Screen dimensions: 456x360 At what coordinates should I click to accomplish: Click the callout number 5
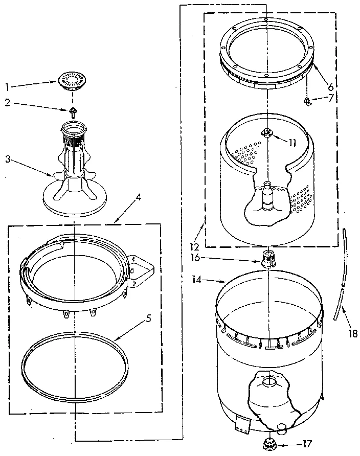148,317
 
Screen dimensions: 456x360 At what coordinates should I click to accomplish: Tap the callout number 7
331,97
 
